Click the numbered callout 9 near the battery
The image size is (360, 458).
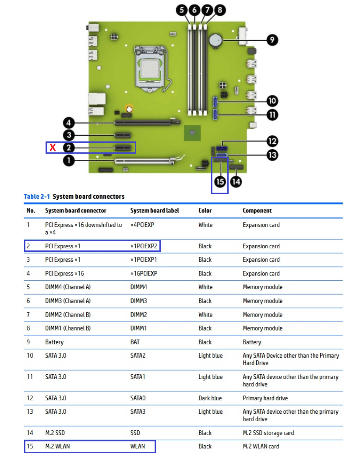click(x=272, y=40)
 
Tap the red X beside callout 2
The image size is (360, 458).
click(x=53, y=148)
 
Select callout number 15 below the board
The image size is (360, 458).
click(x=220, y=181)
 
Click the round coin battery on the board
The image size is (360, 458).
click(x=216, y=40)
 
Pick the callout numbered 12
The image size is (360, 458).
click(x=272, y=141)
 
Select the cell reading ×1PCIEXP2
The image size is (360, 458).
click(x=144, y=246)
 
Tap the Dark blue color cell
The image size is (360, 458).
click(x=210, y=398)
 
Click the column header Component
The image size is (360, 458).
click(x=257, y=211)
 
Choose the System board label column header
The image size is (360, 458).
click(x=155, y=211)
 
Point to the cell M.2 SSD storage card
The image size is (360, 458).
click(x=268, y=433)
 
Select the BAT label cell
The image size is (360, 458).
click(x=135, y=342)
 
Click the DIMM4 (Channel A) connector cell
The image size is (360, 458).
click(x=67, y=287)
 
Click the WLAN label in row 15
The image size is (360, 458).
click(x=138, y=447)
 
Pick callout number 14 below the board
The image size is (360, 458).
click(x=236, y=181)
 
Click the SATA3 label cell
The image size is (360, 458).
click(x=138, y=412)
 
